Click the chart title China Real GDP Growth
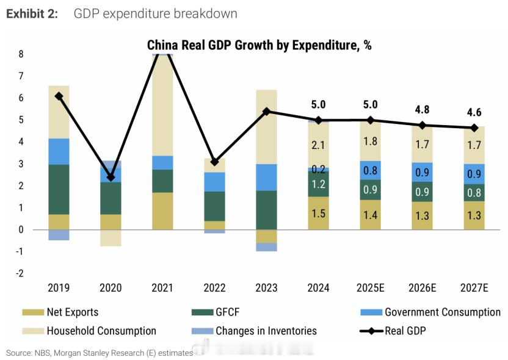259,46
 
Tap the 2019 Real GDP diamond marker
59,96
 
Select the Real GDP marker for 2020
111,178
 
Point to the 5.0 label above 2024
318,104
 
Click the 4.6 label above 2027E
474,112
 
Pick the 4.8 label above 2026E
423,110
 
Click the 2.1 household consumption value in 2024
318,145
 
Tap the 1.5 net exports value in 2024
318,214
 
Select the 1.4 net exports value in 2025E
370,215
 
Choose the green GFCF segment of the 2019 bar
59,189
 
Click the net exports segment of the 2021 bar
162,211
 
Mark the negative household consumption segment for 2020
111,238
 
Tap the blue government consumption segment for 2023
266,178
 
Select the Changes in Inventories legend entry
266,331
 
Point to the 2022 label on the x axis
214,287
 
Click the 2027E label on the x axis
474,287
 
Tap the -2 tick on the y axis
20,273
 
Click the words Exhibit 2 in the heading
32,13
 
